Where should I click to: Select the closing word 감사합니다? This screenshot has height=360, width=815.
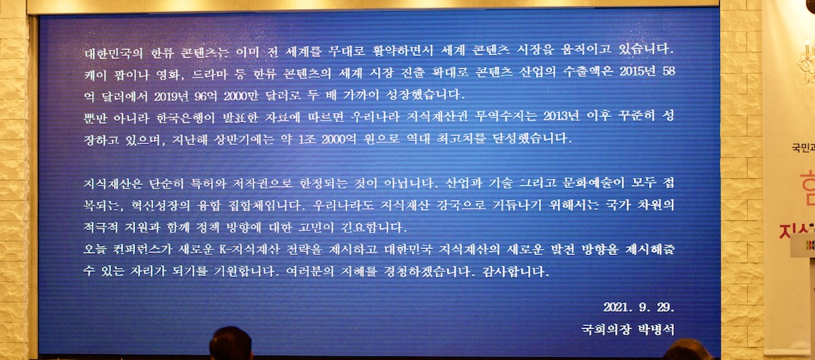coord(515,270)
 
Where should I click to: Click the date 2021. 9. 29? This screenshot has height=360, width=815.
coord(638,307)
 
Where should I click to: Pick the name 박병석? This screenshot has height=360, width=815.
coord(655,329)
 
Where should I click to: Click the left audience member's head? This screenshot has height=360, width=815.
coord(230,345)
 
